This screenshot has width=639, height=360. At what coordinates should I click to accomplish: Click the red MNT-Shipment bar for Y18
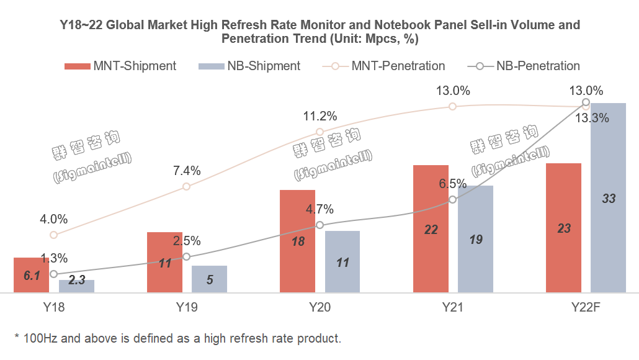pos(31,275)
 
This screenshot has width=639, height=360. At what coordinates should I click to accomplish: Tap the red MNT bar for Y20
pos(298,241)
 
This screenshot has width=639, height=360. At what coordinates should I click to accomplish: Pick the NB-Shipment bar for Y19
pos(209,279)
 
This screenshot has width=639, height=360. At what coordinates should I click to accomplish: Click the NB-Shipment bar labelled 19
pos(475,239)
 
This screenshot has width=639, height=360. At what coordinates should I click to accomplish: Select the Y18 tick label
pos(53,307)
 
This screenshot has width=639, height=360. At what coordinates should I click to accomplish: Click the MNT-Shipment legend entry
pos(121,66)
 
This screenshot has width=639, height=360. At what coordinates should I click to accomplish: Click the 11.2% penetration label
pos(319,116)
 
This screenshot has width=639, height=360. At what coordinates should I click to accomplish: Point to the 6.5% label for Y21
pos(452,184)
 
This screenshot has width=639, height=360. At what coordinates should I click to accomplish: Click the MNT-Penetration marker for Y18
pos(54,235)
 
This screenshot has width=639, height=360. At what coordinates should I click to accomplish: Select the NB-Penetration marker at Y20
pos(319,225)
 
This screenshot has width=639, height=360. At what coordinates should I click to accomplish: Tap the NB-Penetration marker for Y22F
pos(586,102)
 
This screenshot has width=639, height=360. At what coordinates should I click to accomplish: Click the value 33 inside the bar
pos(609,199)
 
